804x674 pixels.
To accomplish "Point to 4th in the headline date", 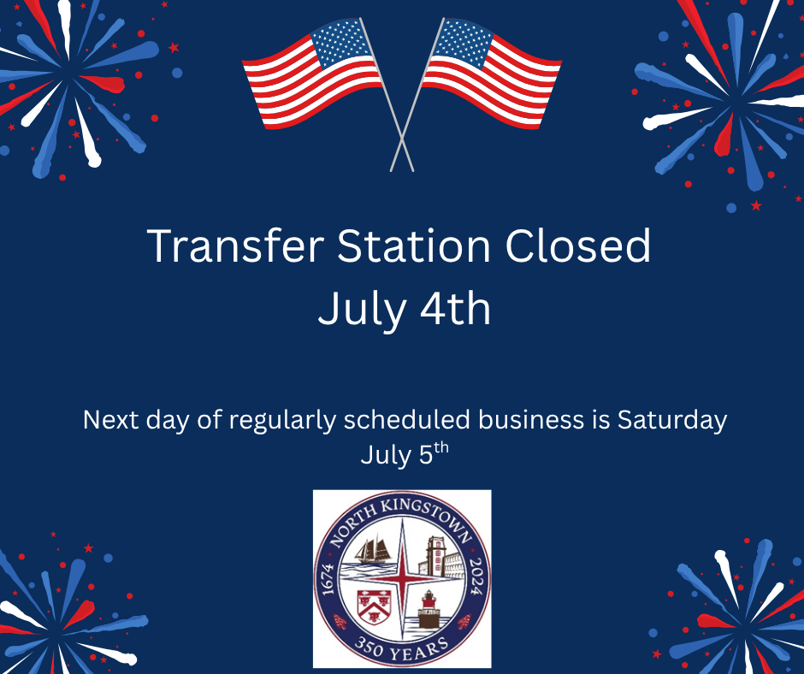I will (452, 309).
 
